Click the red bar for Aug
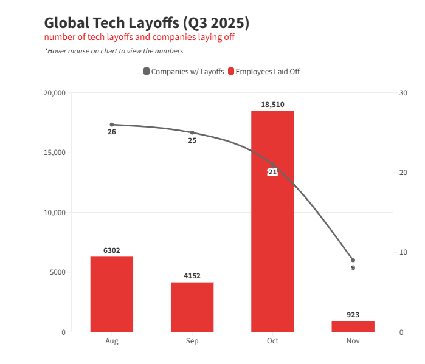click(x=112, y=294)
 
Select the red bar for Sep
click(x=192, y=307)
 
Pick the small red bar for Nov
click(x=353, y=326)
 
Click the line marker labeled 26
click(x=112, y=125)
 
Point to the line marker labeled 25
click(x=192, y=132)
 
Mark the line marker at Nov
click(x=353, y=260)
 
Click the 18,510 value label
click(x=272, y=105)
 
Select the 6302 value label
click(x=112, y=250)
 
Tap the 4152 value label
click(x=192, y=276)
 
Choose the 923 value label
click(x=353, y=315)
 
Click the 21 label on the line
click(x=272, y=172)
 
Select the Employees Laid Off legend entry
click(x=263, y=72)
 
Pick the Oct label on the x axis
click(x=272, y=341)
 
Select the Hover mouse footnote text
click(x=114, y=51)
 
